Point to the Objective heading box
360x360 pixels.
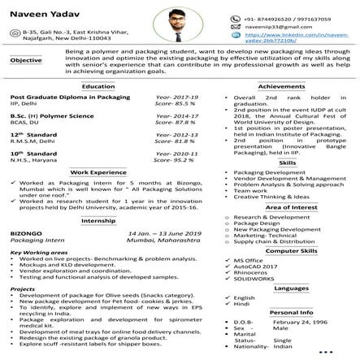(x=26, y=60)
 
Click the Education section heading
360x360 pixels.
(x=98, y=85)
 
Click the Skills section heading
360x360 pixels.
(x=286, y=163)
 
